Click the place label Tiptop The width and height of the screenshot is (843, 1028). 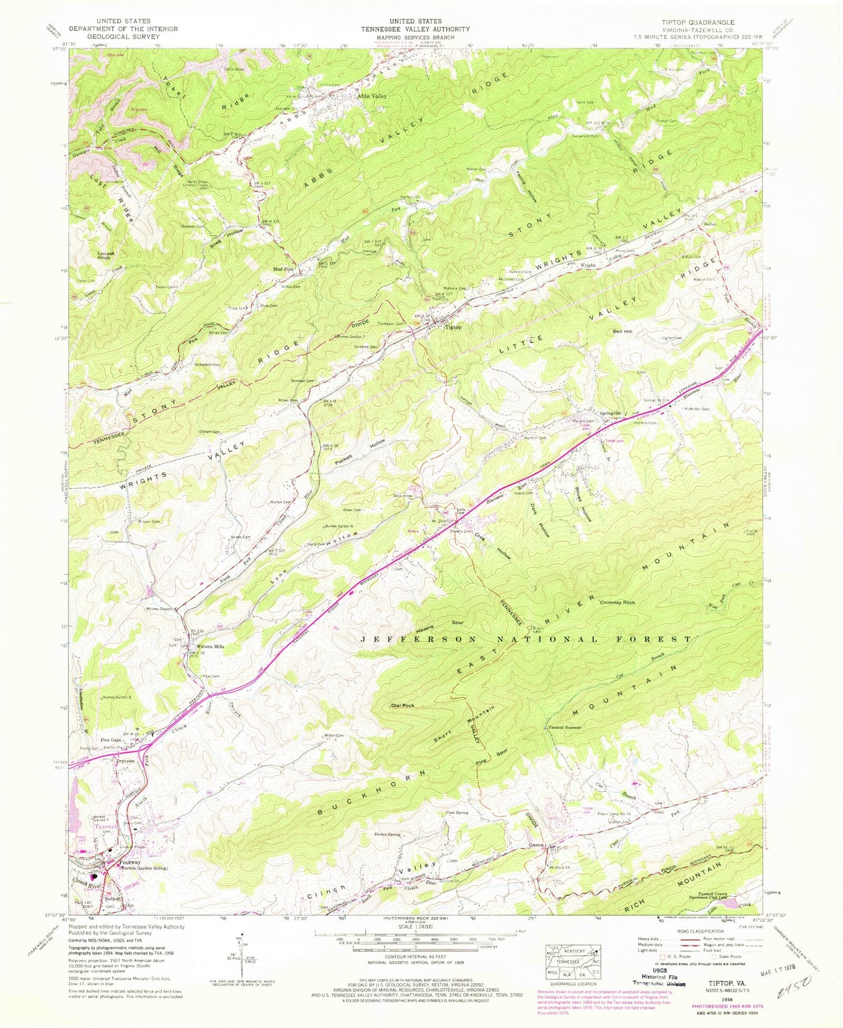(x=453, y=327)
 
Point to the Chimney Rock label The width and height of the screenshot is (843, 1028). (x=618, y=602)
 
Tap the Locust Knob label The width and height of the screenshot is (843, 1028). (x=106, y=255)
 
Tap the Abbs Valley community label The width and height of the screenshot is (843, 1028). (x=373, y=96)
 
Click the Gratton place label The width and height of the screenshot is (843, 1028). (x=536, y=845)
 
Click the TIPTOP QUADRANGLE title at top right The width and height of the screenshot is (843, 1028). (x=697, y=22)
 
